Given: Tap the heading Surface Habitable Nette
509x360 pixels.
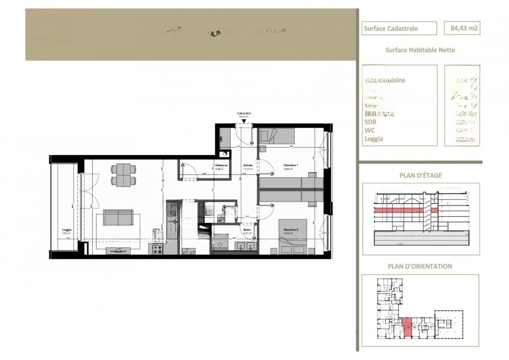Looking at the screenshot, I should (420, 50).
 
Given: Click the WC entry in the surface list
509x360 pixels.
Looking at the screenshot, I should (369, 130).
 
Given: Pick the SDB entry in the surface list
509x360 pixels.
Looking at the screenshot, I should (371, 122).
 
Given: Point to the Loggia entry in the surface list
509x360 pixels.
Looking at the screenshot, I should (374, 139).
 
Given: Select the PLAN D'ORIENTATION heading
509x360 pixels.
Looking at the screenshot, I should (420, 266).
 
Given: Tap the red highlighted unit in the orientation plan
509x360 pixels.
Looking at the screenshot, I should (408, 328).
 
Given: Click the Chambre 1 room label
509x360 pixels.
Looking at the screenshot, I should (275, 166).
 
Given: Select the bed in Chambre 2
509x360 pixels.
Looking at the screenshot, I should (293, 237).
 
